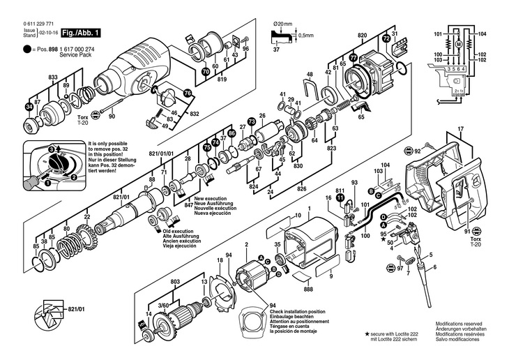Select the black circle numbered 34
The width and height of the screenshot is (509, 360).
(29, 106)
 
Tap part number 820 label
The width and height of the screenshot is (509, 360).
(362, 34)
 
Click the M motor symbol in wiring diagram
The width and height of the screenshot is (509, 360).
(459, 45)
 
